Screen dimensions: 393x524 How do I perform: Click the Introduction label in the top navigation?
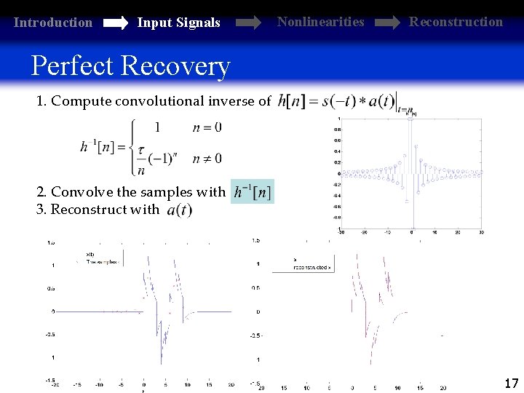(53, 23)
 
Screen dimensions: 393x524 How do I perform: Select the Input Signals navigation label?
(178, 23)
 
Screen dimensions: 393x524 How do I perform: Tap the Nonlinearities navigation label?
(320, 22)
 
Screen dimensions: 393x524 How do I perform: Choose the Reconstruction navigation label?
(456, 22)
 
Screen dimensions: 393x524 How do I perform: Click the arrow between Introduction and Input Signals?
(115, 23)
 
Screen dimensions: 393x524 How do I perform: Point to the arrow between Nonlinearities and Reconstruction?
(386, 23)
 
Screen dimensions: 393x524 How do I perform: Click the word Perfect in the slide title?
(71, 65)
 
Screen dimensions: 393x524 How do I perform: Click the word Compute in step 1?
(81, 101)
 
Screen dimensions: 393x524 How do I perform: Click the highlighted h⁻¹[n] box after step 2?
(253, 193)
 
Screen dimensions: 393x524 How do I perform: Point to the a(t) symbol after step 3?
(179, 210)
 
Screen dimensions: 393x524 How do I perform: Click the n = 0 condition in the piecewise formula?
(207, 128)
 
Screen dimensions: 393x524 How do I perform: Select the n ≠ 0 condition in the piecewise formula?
(207, 158)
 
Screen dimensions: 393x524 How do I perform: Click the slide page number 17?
(511, 382)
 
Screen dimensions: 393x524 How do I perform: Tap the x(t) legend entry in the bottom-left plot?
(91, 254)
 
